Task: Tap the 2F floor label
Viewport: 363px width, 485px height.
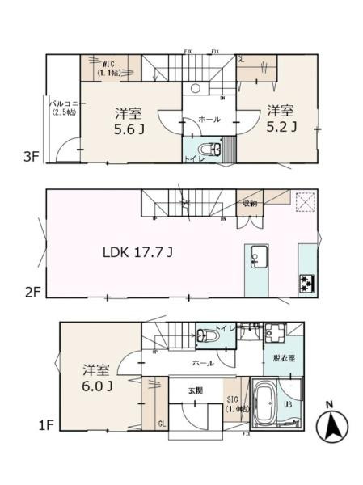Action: [32, 292]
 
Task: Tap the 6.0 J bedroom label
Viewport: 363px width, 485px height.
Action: [95, 378]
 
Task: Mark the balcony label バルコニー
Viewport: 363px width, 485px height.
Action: [63, 108]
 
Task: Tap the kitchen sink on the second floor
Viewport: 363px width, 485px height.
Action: [256, 259]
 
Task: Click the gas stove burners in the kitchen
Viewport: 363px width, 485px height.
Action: [309, 283]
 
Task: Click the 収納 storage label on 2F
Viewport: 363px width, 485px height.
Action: [247, 204]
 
